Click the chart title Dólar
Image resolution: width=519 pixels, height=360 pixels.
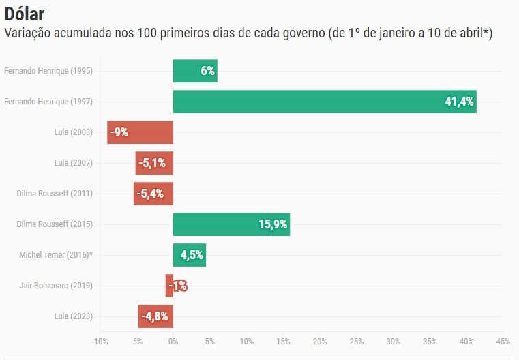coord(29,14)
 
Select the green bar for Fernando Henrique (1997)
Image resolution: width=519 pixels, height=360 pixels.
coord(325,102)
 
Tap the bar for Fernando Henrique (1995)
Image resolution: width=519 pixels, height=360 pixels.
coord(195,71)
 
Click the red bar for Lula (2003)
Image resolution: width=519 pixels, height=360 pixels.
coord(140,132)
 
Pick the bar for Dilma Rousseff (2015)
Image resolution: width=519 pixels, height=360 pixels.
coord(231,224)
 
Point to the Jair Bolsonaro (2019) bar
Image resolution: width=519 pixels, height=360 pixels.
coord(169,286)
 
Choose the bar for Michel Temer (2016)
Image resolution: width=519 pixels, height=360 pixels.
coord(190,255)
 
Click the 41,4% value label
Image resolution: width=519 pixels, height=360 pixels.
coord(460,102)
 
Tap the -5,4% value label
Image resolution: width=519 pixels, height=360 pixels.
coord(150,194)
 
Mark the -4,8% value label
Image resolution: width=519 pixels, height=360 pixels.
coord(153,316)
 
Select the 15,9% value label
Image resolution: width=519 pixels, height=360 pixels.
coord(273,224)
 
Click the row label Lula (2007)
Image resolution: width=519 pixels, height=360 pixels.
coord(73,163)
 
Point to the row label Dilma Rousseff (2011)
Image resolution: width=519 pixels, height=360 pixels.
coord(55,194)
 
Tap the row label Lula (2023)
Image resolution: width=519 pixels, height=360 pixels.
coord(73,316)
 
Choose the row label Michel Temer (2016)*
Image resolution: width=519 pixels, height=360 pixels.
coord(56,255)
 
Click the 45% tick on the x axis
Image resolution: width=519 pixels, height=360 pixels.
coord(503,341)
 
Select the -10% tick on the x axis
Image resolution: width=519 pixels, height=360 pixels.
coord(100,341)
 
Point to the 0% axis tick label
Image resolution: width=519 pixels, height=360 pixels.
coord(173,341)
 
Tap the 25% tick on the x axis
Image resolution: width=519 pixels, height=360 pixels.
coord(357,341)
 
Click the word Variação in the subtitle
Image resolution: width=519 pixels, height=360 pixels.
coord(30,33)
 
